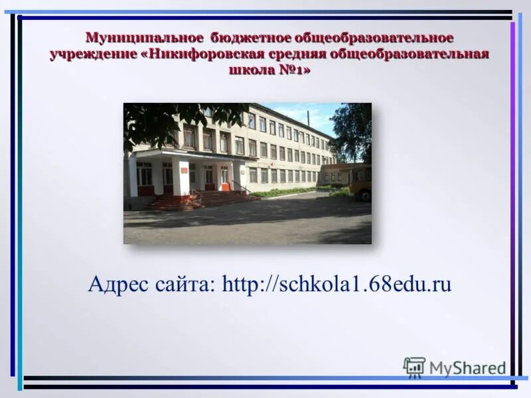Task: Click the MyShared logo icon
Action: click(x=414, y=367)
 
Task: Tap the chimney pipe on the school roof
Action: click(x=308, y=118)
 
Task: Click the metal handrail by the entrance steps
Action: click(x=242, y=187)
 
